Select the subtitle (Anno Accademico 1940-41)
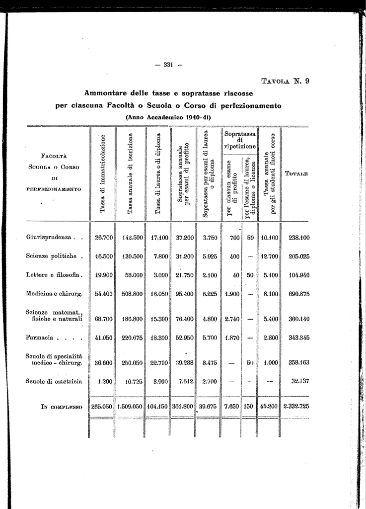(168, 117)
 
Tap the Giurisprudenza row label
(50, 237)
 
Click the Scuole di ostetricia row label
(54, 381)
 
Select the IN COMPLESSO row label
(54, 406)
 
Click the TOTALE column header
(296, 174)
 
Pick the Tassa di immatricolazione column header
(102, 173)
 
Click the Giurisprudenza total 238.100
(299, 238)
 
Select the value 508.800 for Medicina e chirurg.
(131, 294)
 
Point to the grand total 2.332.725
(296, 406)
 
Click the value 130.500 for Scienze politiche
(131, 256)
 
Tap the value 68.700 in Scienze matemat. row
(103, 319)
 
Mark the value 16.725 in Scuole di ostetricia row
(132, 381)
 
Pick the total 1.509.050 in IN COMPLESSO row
(131, 406)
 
